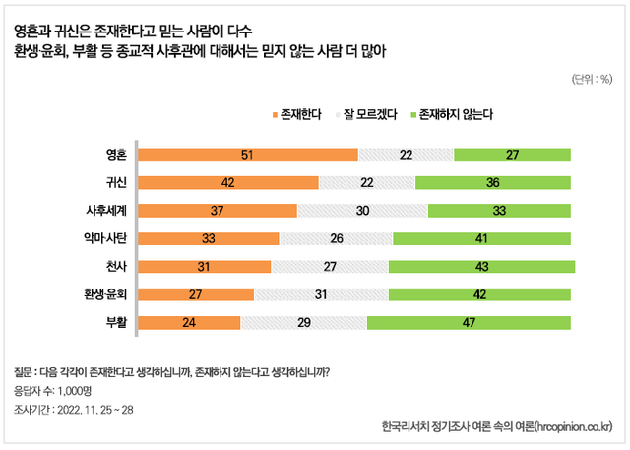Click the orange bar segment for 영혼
(x=247, y=155)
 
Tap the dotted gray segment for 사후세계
(x=361, y=211)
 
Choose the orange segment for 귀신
(x=228, y=182)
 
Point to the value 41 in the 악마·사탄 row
(x=480, y=238)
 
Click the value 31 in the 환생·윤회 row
(x=321, y=294)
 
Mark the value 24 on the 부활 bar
(x=188, y=322)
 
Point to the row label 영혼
(x=116, y=155)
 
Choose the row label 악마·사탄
(x=106, y=238)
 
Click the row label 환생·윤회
(x=106, y=294)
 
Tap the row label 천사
(x=116, y=266)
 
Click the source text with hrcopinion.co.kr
(x=497, y=427)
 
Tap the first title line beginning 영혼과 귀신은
(x=148, y=31)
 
